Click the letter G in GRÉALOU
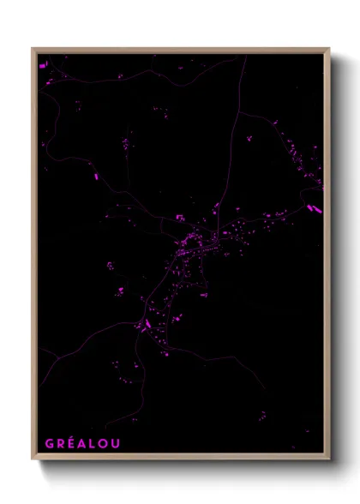[49, 444]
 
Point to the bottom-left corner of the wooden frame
[33, 459]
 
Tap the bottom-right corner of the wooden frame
[329, 459]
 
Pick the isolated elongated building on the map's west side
[96, 176]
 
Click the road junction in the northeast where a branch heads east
[239, 112]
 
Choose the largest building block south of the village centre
[146, 325]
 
